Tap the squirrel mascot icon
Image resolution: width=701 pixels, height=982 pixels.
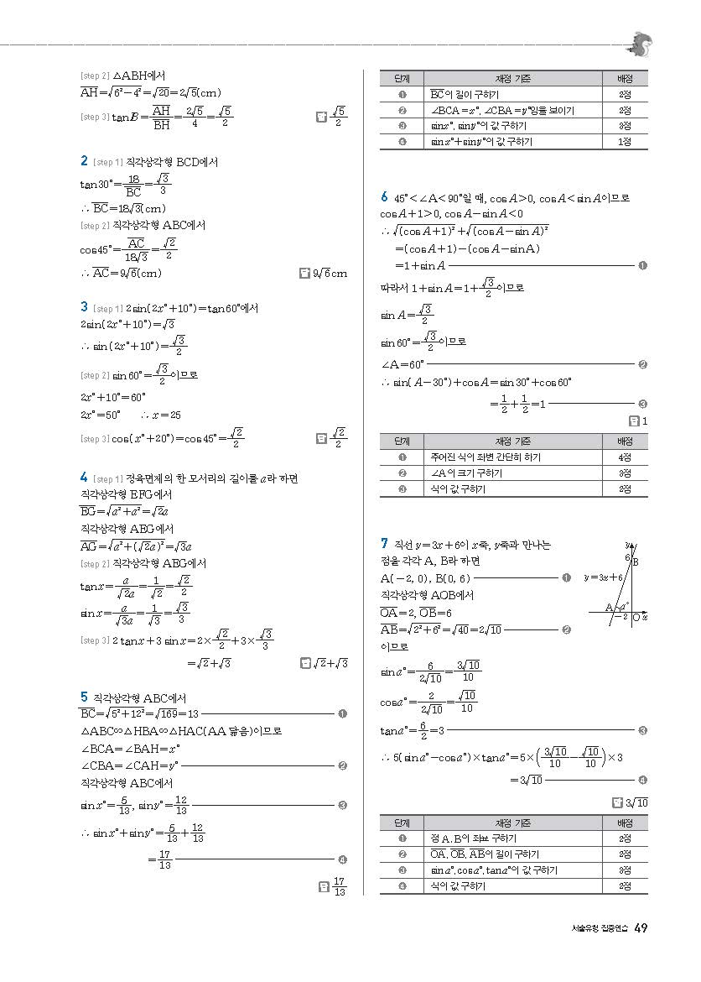pyautogui.click(x=641, y=43)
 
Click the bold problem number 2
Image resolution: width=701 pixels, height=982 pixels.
pyautogui.click(x=84, y=160)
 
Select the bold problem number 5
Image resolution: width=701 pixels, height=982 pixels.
pyautogui.click(x=84, y=697)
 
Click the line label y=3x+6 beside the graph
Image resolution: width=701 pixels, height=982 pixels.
pyautogui.click(x=603, y=577)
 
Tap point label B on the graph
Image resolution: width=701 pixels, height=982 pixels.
pyautogui.click(x=635, y=562)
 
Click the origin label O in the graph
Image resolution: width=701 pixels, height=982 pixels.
pyautogui.click(x=636, y=617)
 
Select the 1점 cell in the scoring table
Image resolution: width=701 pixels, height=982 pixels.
pyautogui.click(x=625, y=142)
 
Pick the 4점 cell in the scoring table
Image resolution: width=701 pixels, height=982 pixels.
pyautogui.click(x=625, y=457)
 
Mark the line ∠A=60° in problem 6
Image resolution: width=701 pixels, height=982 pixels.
pyautogui.click(x=402, y=364)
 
